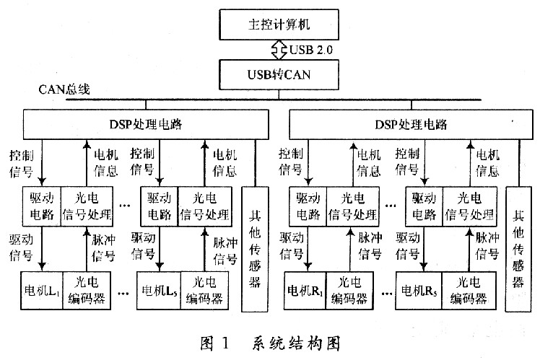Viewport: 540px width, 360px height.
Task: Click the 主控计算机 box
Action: (270, 25)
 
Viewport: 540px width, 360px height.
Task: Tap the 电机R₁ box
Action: (304, 291)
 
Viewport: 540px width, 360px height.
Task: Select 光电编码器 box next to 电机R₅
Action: (466, 291)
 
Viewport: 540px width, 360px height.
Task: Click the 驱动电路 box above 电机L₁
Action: (39, 206)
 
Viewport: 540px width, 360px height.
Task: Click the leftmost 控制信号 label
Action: (22, 162)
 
